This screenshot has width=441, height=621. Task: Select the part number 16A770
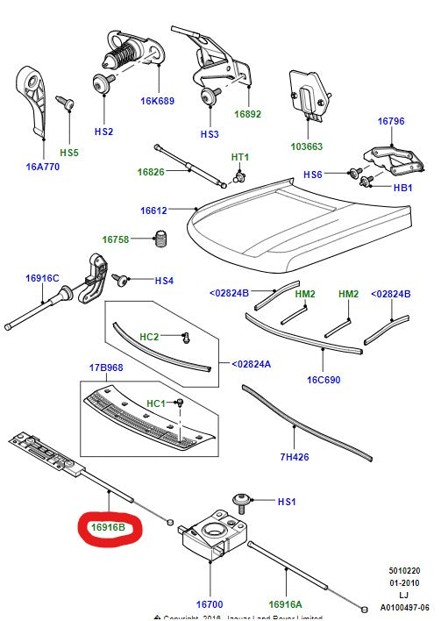(42, 166)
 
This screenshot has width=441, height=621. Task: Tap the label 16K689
(158, 101)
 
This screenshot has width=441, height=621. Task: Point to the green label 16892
(247, 114)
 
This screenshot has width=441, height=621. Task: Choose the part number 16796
(391, 121)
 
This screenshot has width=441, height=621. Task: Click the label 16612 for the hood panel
(153, 211)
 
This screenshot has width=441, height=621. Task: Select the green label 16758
(116, 239)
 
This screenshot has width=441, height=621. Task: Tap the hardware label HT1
(240, 157)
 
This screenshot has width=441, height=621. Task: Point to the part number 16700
(210, 604)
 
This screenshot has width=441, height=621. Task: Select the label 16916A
(286, 604)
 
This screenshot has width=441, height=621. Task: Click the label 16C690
(323, 380)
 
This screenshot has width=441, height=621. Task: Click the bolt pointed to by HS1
(242, 501)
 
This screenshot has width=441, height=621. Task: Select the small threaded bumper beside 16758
(160, 238)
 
